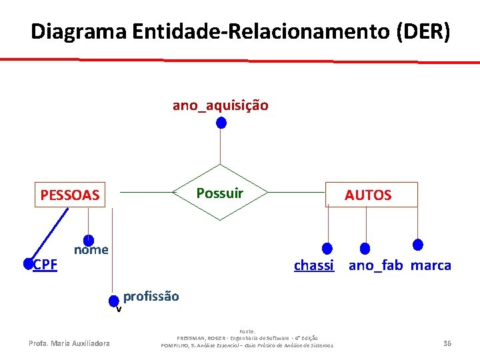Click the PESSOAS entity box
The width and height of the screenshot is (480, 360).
[x=70, y=195]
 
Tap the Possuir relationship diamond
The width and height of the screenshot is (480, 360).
[x=220, y=193]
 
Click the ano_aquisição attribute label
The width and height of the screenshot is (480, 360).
[x=221, y=105]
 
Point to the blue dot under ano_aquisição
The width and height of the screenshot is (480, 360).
[x=221, y=123]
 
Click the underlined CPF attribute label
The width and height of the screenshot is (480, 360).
[x=45, y=265]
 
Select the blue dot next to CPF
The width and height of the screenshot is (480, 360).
[x=28, y=264]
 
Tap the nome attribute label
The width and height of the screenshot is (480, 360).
[x=91, y=250]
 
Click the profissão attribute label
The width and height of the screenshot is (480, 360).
[x=151, y=297]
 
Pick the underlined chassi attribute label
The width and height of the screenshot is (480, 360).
[x=314, y=265]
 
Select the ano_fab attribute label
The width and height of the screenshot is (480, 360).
[x=375, y=265]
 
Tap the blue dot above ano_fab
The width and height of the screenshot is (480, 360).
[x=365, y=249]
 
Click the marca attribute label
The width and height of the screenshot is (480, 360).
[x=431, y=265]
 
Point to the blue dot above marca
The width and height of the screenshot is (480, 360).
[x=418, y=244]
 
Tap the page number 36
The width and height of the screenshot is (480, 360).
[x=447, y=343]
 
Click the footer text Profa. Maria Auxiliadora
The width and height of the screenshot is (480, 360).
[x=70, y=343]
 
